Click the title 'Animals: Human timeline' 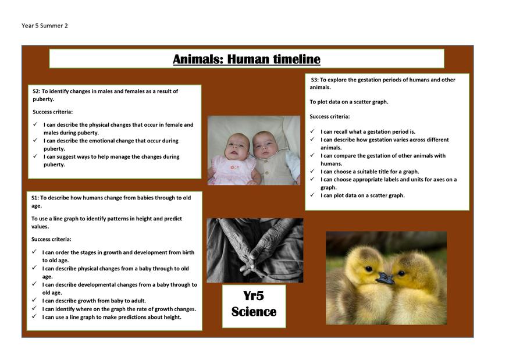tap(247, 59)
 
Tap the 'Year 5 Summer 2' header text tap(45, 26)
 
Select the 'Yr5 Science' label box tap(254, 306)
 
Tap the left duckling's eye tap(369, 269)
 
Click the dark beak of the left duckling tap(385, 278)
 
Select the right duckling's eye tap(401, 273)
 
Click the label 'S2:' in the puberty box tap(36, 91)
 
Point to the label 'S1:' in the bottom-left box tap(35, 198)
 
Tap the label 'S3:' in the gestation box tap(315, 80)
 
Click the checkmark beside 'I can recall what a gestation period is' tap(312, 131)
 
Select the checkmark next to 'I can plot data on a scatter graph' tap(312, 195)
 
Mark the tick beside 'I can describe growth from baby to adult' tap(34, 300)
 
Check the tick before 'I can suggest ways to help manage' tap(35, 156)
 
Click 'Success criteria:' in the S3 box tap(330, 116)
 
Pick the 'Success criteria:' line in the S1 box tap(51, 239)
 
